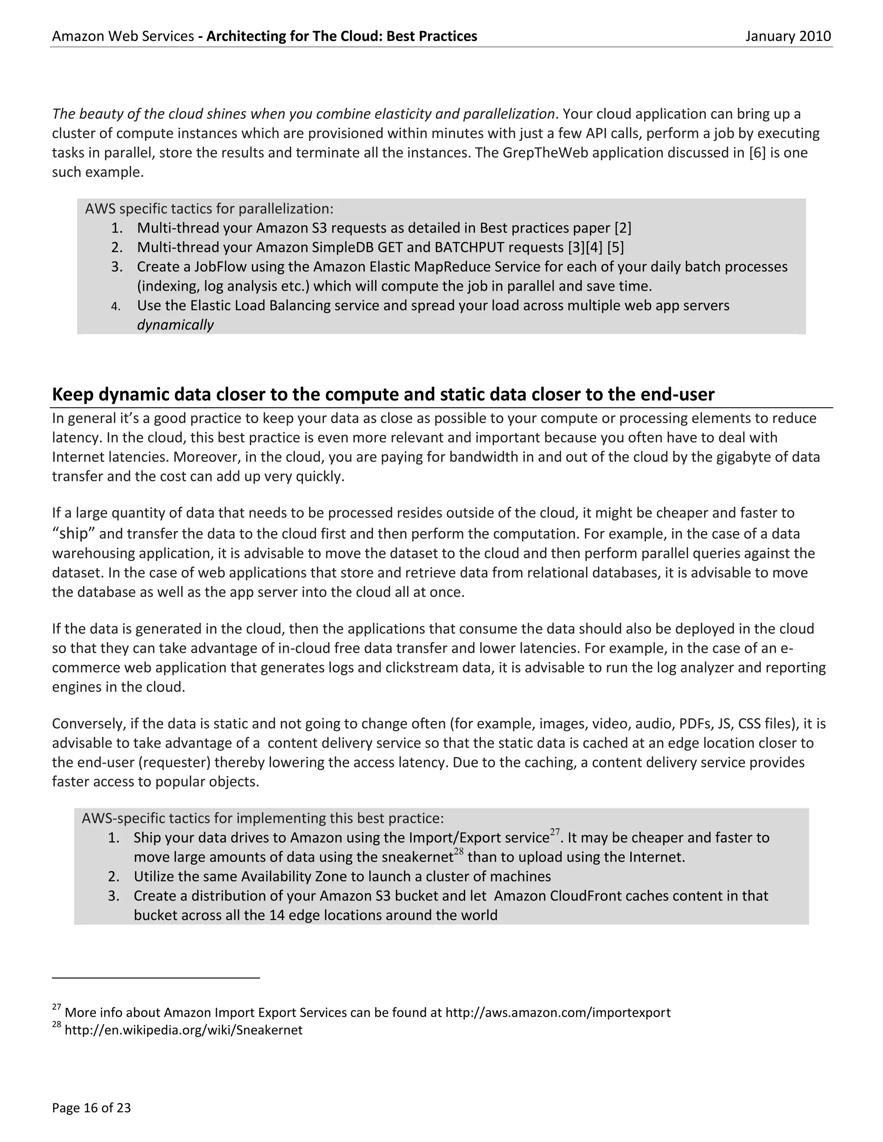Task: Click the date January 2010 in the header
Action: click(x=788, y=36)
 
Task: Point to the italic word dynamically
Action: click(x=175, y=325)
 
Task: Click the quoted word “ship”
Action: click(x=74, y=534)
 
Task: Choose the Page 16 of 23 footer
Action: click(x=91, y=1108)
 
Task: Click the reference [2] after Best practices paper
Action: click(x=623, y=228)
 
